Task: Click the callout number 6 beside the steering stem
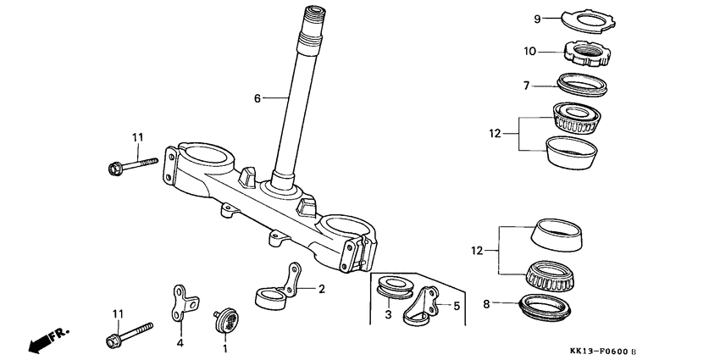(257, 98)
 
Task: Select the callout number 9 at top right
(536, 19)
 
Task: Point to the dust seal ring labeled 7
(584, 84)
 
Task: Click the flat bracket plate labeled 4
(184, 302)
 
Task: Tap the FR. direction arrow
(47, 341)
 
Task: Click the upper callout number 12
(496, 133)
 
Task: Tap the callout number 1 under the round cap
(225, 347)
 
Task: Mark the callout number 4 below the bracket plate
(180, 343)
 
